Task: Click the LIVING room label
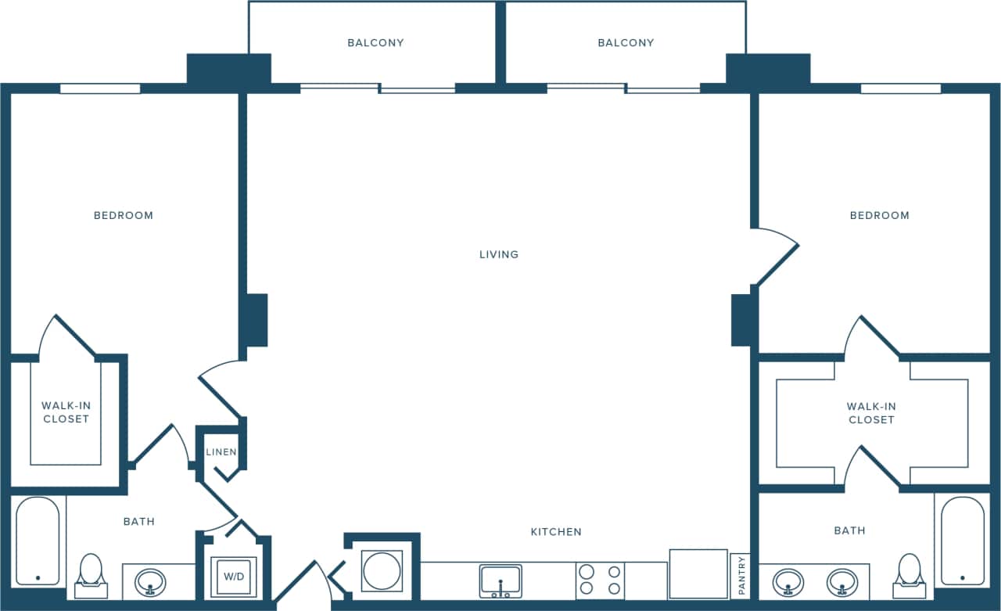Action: coord(499,254)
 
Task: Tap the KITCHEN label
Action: coord(556,532)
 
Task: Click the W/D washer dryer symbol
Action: coord(232,577)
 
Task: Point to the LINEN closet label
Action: coord(221,452)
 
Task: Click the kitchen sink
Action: coord(500,581)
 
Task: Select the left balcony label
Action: coord(375,43)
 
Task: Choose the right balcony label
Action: coord(626,43)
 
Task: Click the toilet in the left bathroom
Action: coord(91,573)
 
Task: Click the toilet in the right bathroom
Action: coord(909,573)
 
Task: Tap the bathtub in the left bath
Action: coord(38,541)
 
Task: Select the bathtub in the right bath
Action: coord(963,541)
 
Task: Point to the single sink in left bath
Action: coord(150,582)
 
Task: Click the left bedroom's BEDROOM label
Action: coord(124,215)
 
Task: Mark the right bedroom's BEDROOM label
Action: coord(880,215)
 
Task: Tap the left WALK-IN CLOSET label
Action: coord(66,412)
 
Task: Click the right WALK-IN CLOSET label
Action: coord(871,413)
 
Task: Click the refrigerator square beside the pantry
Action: coord(698,574)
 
